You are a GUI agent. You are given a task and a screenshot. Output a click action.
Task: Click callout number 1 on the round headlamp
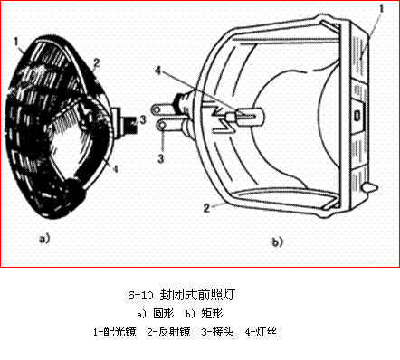(x=16, y=42)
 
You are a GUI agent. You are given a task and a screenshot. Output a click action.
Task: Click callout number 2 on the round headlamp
(x=96, y=62)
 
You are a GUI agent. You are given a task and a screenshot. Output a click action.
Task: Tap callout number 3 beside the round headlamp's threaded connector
(x=143, y=119)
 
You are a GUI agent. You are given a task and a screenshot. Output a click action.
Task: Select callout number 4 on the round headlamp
(x=115, y=168)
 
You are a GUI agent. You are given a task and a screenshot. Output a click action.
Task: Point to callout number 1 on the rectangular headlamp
(x=382, y=8)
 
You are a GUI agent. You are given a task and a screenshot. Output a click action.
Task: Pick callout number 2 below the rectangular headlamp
(x=206, y=208)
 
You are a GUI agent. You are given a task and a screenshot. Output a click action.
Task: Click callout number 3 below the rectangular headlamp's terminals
(x=161, y=158)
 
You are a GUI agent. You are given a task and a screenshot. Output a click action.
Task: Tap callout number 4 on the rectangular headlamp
(x=158, y=71)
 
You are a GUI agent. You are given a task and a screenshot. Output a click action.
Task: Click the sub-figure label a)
(x=44, y=239)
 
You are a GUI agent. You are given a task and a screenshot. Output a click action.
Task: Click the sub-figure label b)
(x=278, y=242)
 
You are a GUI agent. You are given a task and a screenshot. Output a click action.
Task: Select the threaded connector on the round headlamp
(x=125, y=123)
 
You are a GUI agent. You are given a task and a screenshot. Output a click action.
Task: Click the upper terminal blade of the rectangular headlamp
(x=163, y=109)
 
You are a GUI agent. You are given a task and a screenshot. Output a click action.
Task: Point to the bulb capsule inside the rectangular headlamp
(x=250, y=116)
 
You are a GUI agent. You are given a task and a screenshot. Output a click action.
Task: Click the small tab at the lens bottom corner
(x=371, y=187)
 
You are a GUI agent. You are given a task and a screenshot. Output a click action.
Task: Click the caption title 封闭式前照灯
(x=197, y=295)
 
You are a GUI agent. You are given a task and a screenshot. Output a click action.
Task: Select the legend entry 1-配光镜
(x=115, y=332)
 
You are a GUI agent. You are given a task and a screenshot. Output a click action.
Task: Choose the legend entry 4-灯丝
(x=261, y=332)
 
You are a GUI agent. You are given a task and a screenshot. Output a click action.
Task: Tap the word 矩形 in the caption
(x=213, y=314)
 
